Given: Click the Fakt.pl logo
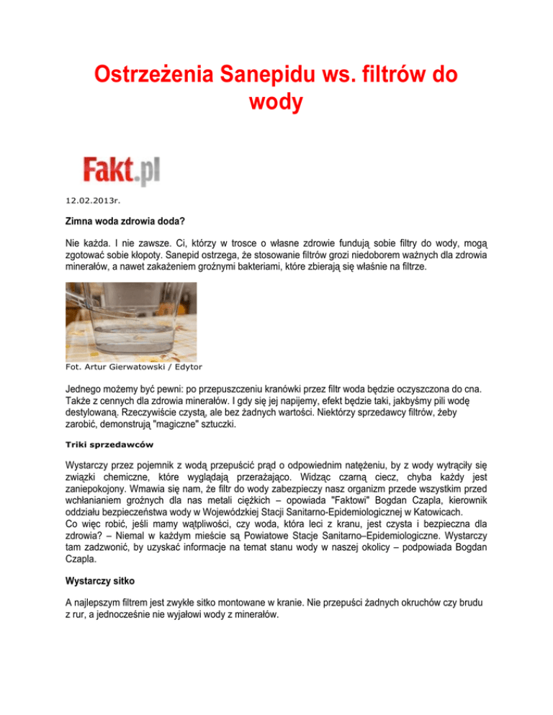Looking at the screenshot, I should tap(121, 171).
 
